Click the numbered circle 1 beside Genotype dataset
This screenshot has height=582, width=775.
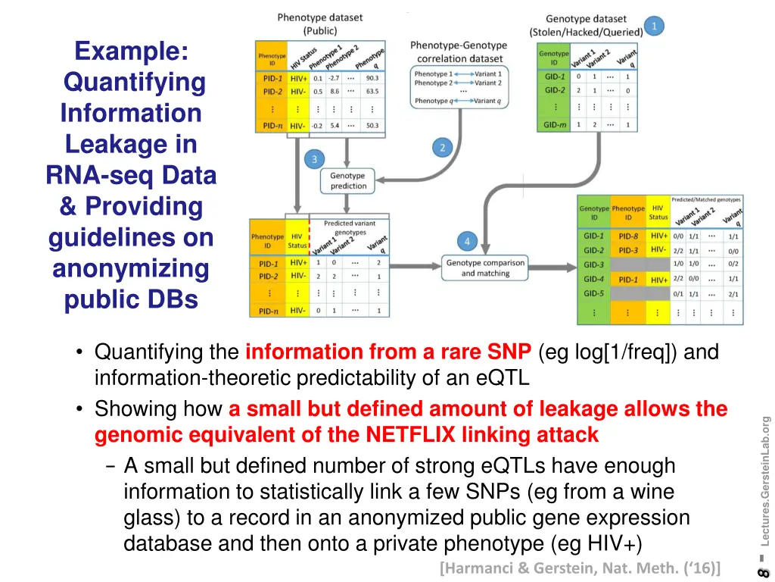coord(654,27)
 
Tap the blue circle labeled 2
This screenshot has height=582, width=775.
coord(443,148)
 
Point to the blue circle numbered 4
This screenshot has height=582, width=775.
coord(467,242)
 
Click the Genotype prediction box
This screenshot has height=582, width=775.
coord(348,180)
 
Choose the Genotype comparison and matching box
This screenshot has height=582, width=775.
coord(485,268)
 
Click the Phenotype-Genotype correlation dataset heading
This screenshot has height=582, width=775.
coord(459,52)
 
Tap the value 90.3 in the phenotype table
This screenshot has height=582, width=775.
coord(372,78)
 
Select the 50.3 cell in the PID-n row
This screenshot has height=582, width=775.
coord(372,126)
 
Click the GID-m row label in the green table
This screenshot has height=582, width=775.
coord(555,125)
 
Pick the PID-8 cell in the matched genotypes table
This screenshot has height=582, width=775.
coord(628,236)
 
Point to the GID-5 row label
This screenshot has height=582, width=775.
coord(593,293)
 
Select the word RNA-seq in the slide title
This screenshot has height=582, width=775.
coord(94,175)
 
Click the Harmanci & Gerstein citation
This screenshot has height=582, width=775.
coord(580,568)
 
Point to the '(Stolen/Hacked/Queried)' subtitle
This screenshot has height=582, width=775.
coord(586,32)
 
